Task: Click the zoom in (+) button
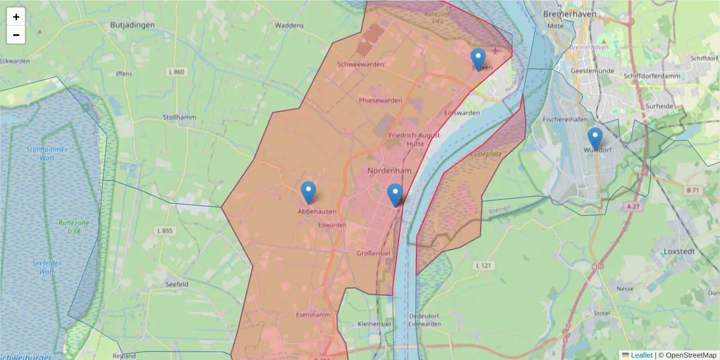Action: [x=16, y=17]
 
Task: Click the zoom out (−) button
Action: [x=16, y=35]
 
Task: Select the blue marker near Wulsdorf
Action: [x=595, y=139]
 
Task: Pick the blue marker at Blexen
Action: [x=478, y=59]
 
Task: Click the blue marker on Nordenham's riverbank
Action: [x=395, y=195]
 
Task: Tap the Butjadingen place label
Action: [x=133, y=25]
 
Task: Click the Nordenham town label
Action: [x=388, y=171]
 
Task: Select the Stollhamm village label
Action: [x=179, y=118]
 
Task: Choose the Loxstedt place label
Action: [x=679, y=251]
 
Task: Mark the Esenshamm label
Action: [x=314, y=314]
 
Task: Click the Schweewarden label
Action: [x=361, y=64]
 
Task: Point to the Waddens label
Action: [x=289, y=25]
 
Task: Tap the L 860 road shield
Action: [x=176, y=72]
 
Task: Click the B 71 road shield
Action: [x=692, y=190]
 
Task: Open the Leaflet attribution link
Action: [x=641, y=355]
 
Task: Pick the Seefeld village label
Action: [x=177, y=283]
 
